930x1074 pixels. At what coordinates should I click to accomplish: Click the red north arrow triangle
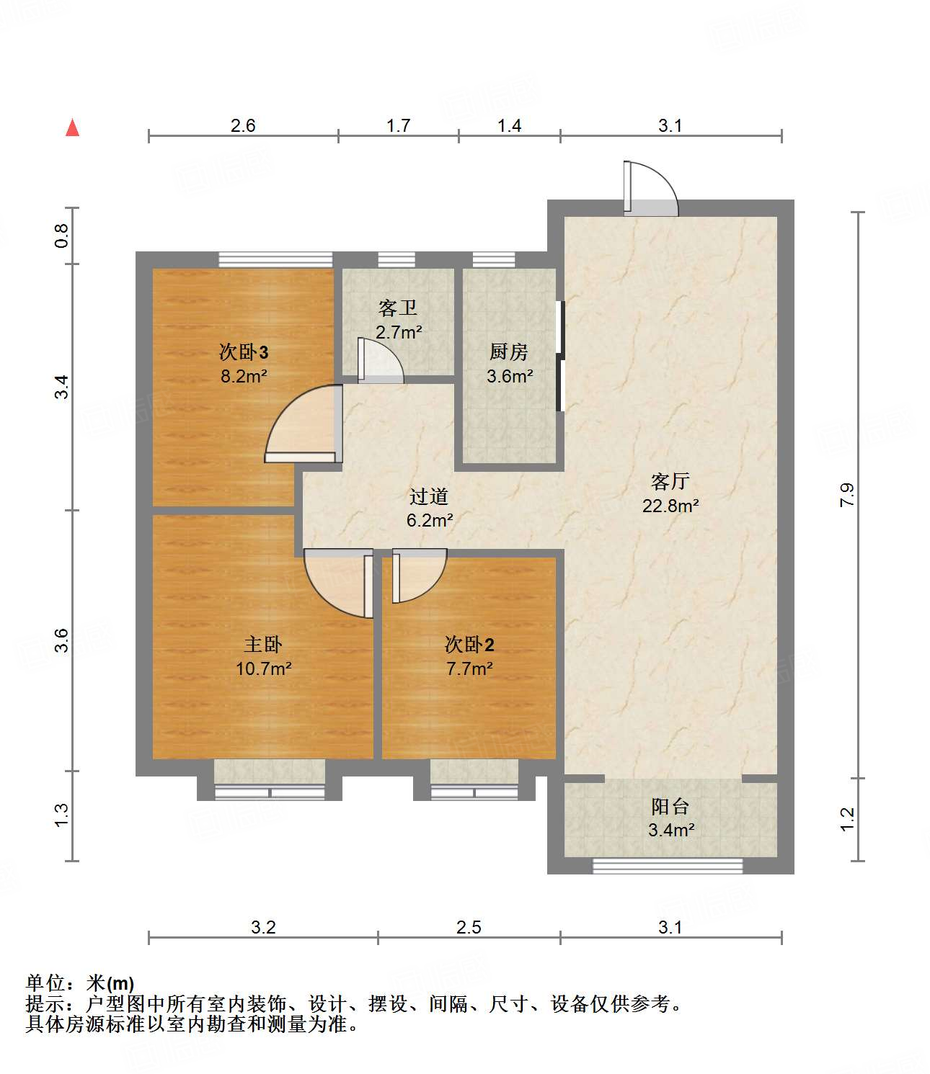pos(72,128)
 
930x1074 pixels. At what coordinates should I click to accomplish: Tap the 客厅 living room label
pos(670,481)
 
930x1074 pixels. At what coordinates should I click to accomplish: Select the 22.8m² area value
pos(670,506)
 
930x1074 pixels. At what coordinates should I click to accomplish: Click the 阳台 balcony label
pos(670,806)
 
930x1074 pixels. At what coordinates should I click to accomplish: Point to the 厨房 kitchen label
pos(508,352)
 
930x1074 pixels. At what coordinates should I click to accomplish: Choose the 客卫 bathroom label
pos(397,308)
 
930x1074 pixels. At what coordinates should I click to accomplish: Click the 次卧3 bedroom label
pos(244,352)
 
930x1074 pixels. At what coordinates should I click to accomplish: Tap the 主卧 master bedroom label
pos(262,644)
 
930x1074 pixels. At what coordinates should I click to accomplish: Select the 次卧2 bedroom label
pos(469,644)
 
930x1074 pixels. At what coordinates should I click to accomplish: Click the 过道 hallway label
pos(429,496)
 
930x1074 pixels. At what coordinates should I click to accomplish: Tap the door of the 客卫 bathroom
pos(380,360)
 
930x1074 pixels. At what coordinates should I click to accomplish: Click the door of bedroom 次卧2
pos(418,575)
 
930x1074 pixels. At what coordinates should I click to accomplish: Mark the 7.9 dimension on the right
pos(847,495)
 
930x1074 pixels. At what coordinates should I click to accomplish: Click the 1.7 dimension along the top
pos(398,126)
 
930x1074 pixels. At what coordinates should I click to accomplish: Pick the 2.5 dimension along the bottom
pos(469,927)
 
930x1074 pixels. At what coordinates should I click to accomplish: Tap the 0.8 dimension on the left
pos(62,236)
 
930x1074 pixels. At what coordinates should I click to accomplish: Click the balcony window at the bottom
pos(667,866)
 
